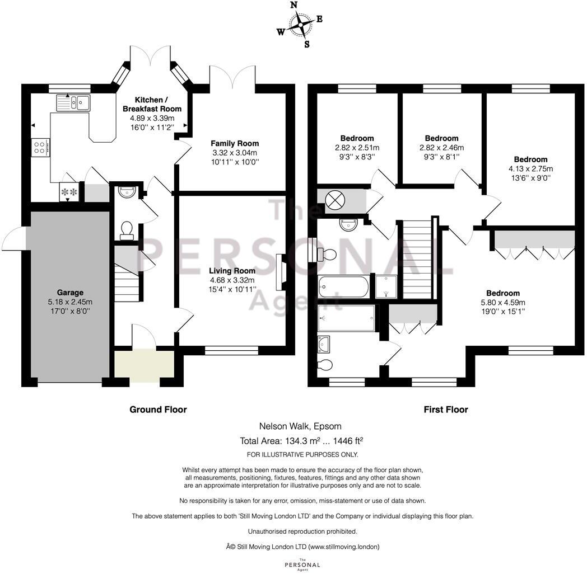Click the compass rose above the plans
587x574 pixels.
(300, 25)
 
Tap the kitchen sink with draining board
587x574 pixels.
(73, 102)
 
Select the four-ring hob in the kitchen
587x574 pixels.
(40, 147)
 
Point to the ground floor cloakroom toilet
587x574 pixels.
(127, 230)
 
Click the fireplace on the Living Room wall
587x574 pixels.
(281, 271)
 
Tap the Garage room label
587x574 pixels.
(70, 292)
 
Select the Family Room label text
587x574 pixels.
(235, 143)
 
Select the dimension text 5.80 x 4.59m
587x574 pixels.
(502, 303)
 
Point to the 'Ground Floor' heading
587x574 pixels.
(158, 410)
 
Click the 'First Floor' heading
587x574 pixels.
(445, 410)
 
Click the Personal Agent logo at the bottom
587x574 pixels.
(302, 564)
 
